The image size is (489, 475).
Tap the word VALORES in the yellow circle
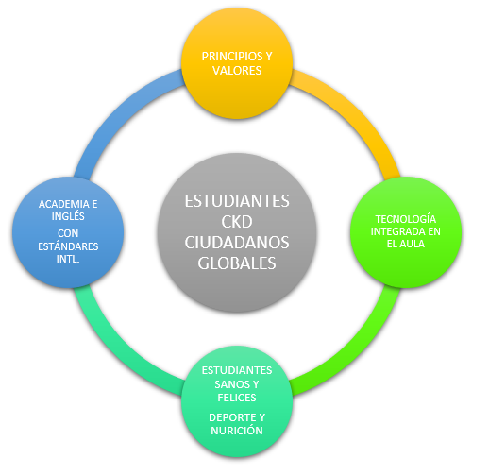click(237, 70)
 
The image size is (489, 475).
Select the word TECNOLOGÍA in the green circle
click(406, 218)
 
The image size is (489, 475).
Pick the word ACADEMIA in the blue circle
click(64, 204)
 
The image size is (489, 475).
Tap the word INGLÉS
click(68, 216)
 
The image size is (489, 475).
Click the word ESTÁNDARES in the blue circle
click(68, 246)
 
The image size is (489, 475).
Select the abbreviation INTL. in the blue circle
click(68, 259)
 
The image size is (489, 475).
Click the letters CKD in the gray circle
click(237, 222)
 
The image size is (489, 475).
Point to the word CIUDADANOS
click(237, 243)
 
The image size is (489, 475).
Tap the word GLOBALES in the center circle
click(237, 263)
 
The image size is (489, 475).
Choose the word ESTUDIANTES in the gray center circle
click(237, 201)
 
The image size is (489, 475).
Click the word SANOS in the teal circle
click(229, 384)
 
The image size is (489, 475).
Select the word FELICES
click(237, 398)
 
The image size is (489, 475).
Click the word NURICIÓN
click(237, 431)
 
